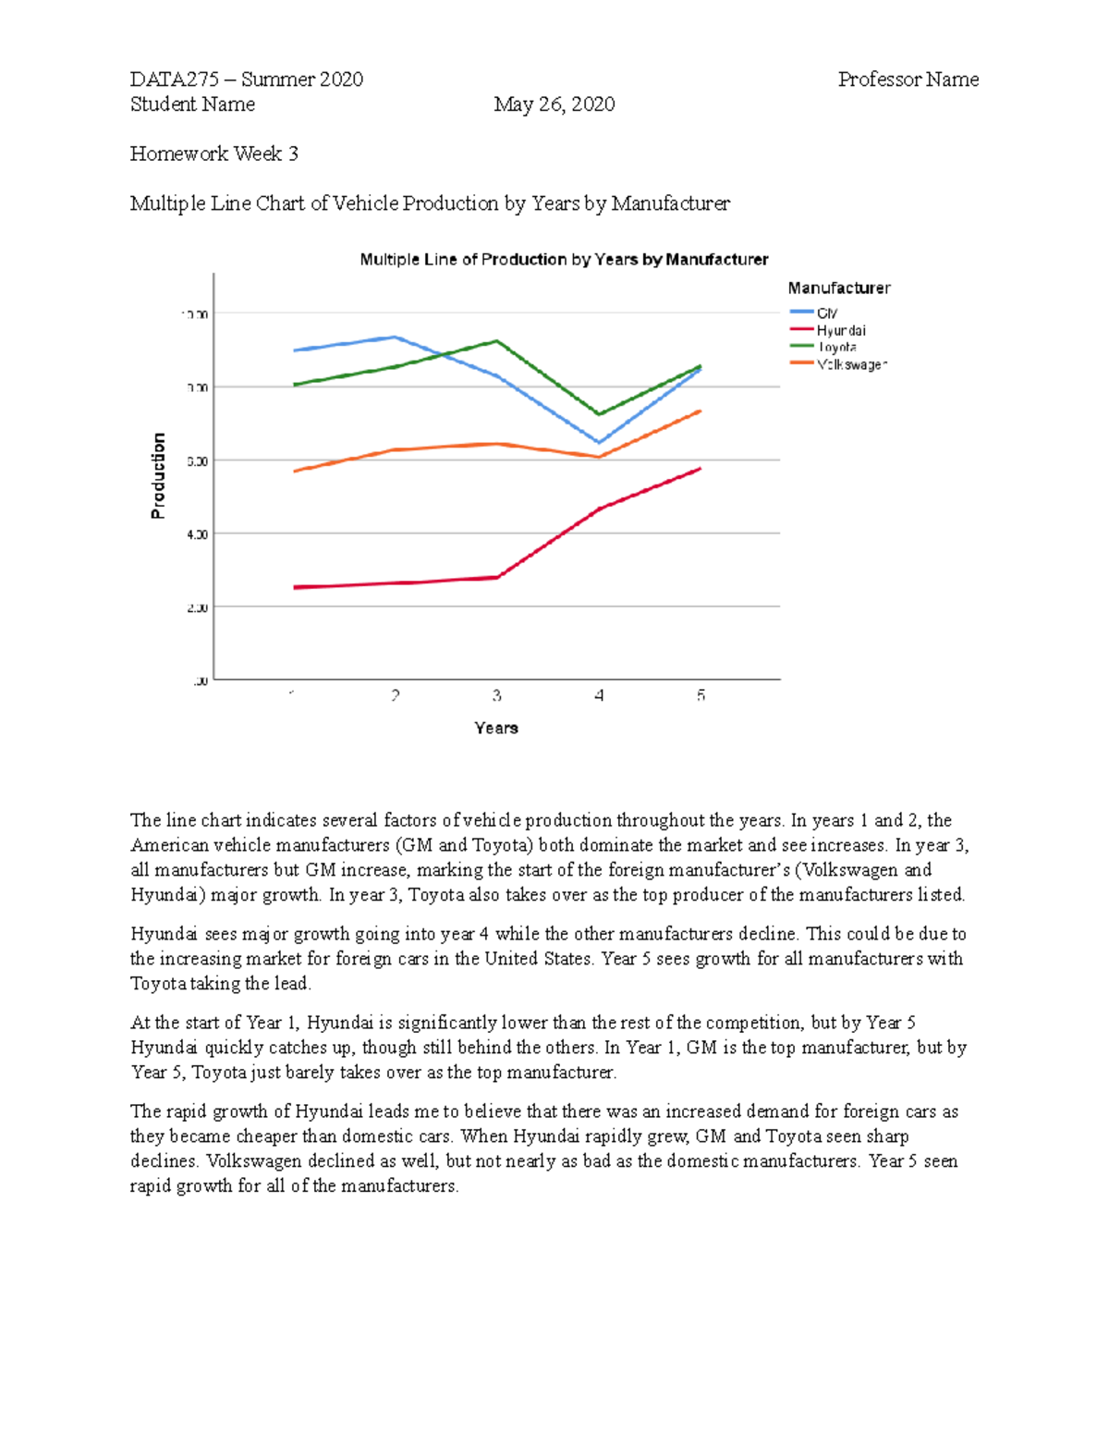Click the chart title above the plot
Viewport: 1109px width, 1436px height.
(564, 260)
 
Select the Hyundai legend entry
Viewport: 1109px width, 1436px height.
(840, 330)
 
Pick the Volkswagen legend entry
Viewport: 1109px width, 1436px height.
(851, 364)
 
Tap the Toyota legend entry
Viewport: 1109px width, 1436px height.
(837, 347)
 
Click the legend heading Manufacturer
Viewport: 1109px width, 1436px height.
(839, 288)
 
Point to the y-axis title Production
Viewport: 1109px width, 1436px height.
(159, 475)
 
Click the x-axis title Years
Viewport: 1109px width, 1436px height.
(496, 729)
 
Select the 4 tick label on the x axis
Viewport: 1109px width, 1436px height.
(599, 695)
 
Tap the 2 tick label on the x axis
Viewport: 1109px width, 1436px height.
(396, 695)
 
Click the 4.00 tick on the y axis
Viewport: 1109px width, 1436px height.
(196, 534)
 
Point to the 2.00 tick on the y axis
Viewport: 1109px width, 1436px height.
(196, 608)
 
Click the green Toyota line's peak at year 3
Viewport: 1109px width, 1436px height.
(497, 341)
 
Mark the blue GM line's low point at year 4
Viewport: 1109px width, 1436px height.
(599, 443)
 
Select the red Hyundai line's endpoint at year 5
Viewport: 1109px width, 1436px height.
(701, 469)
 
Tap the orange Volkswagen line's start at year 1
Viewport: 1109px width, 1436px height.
(294, 472)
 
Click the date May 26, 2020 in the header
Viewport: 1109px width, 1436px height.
(554, 104)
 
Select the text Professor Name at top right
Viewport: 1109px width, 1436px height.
(908, 80)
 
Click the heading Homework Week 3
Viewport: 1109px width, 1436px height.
(214, 153)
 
